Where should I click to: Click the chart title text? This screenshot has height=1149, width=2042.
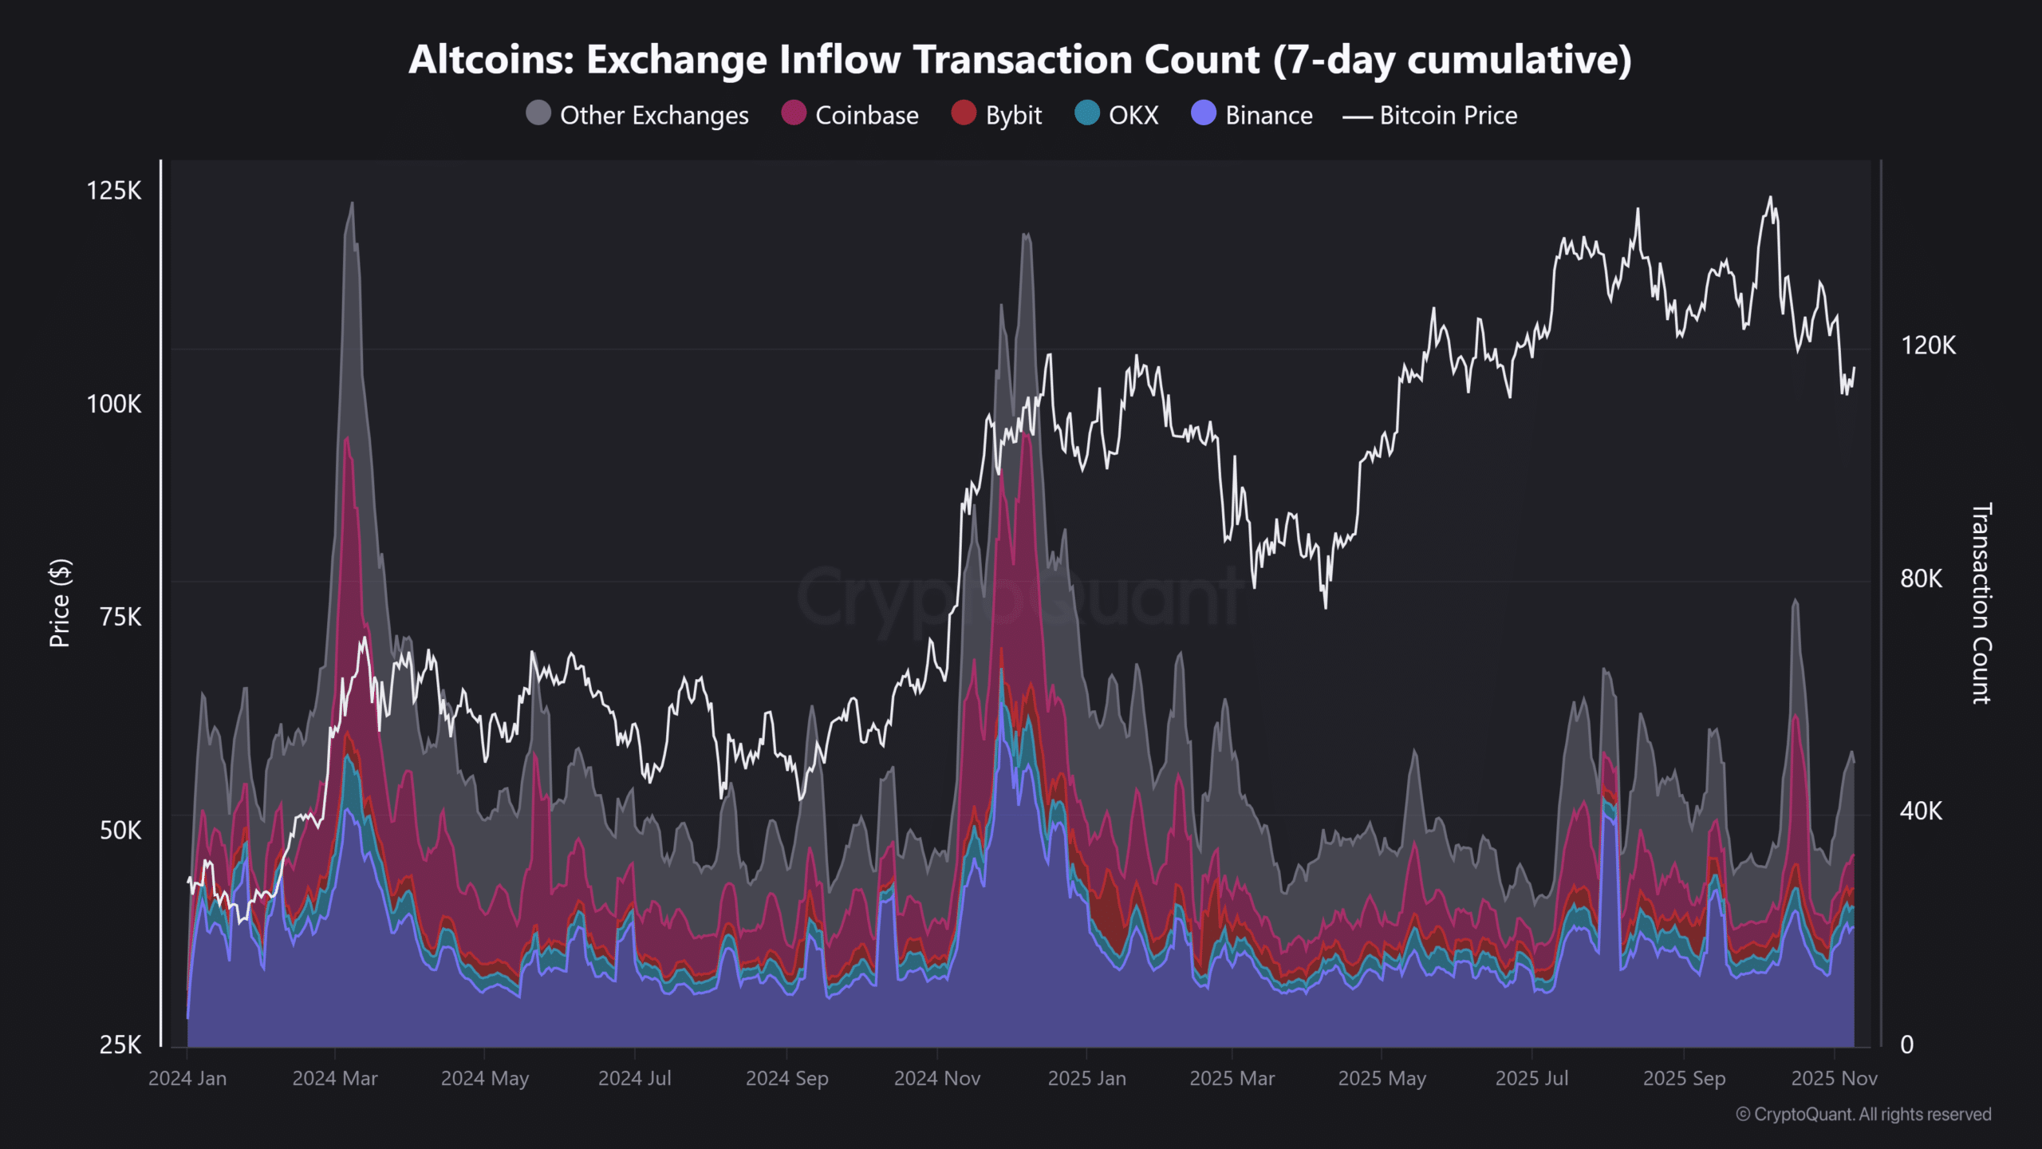click(x=1020, y=60)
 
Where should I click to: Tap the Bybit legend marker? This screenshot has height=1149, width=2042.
click(x=964, y=113)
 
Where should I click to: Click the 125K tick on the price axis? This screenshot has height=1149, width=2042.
click(x=114, y=191)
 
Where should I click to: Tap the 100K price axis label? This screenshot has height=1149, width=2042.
click(x=114, y=405)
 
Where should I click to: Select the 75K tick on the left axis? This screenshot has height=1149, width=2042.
click(x=120, y=618)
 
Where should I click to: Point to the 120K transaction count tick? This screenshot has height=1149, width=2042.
click(x=1928, y=345)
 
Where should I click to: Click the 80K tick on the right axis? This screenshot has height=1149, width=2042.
click(x=1921, y=578)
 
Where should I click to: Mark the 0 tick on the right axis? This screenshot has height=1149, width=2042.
click(x=1906, y=1044)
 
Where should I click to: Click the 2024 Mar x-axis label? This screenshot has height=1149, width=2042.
click(x=335, y=1079)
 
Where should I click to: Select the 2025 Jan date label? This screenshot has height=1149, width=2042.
click(x=1086, y=1079)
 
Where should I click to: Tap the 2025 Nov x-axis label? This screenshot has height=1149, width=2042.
click(x=1834, y=1079)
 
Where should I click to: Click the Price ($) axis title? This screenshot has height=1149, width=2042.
click(x=60, y=603)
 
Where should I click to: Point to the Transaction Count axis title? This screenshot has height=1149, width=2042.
click(x=1981, y=603)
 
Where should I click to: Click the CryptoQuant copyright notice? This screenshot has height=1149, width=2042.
click(x=1863, y=1114)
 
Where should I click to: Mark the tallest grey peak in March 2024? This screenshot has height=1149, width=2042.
click(x=351, y=204)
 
